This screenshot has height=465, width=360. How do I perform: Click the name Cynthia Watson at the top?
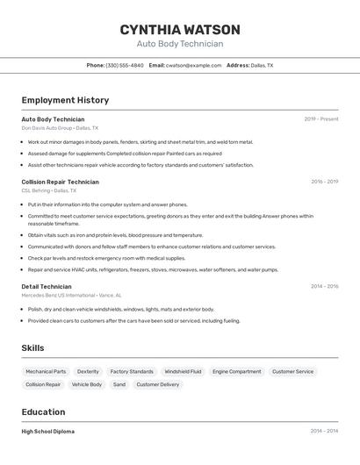point(180,29)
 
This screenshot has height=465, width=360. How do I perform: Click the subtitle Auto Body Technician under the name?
point(180,44)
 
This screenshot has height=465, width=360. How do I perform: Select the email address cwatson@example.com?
point(193,65)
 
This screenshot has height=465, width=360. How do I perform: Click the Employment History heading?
point(65,100)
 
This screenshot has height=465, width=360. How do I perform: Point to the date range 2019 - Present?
point(321,119)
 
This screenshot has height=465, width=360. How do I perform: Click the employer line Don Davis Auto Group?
point(60,128)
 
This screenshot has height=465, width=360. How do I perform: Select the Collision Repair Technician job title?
point(60,182)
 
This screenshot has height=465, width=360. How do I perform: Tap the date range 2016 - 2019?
point(324,182)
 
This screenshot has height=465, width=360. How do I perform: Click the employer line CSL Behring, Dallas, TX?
point(48,190)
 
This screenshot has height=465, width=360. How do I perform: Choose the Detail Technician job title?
point(47,286)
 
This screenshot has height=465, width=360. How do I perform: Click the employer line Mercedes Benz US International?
point(71,295)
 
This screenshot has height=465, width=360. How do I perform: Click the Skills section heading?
point(32,348)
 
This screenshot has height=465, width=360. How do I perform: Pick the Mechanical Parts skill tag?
point(46,371)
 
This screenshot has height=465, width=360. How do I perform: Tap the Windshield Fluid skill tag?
point(183,371)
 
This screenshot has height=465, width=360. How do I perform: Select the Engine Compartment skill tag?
point(236,371)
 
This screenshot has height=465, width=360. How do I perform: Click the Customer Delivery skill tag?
point(157,384)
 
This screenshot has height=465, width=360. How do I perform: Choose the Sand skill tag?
point(119,384)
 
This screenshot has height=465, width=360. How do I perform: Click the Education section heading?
point(43,412)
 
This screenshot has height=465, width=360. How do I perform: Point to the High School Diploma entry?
point(47,432)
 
